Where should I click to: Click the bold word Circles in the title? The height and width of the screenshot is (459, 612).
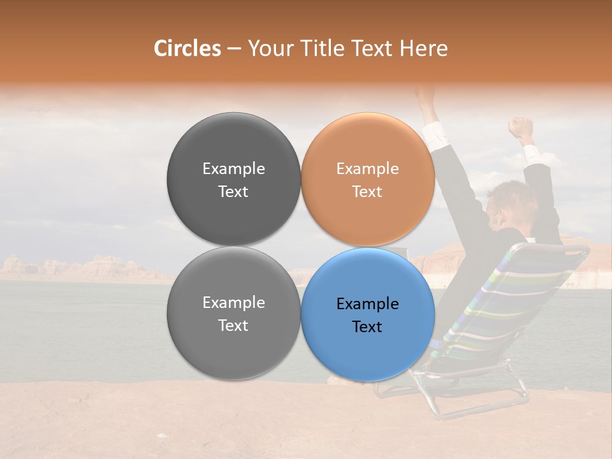(x=187, y=48)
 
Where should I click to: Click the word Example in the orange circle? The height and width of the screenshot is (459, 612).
(x=367, y=169)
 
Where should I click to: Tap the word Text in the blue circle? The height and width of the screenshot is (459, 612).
(x=367, y=327)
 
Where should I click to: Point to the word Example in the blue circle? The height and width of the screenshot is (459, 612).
(x=367, y=304)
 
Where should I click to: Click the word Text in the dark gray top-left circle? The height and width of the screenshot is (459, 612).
(x=233, y=192)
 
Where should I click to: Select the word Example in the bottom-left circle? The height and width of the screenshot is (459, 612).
(x=233, y=303)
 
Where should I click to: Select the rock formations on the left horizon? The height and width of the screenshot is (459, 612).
(x=76, y=266)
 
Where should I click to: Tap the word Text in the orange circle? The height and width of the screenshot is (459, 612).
(x=367, y=192)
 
